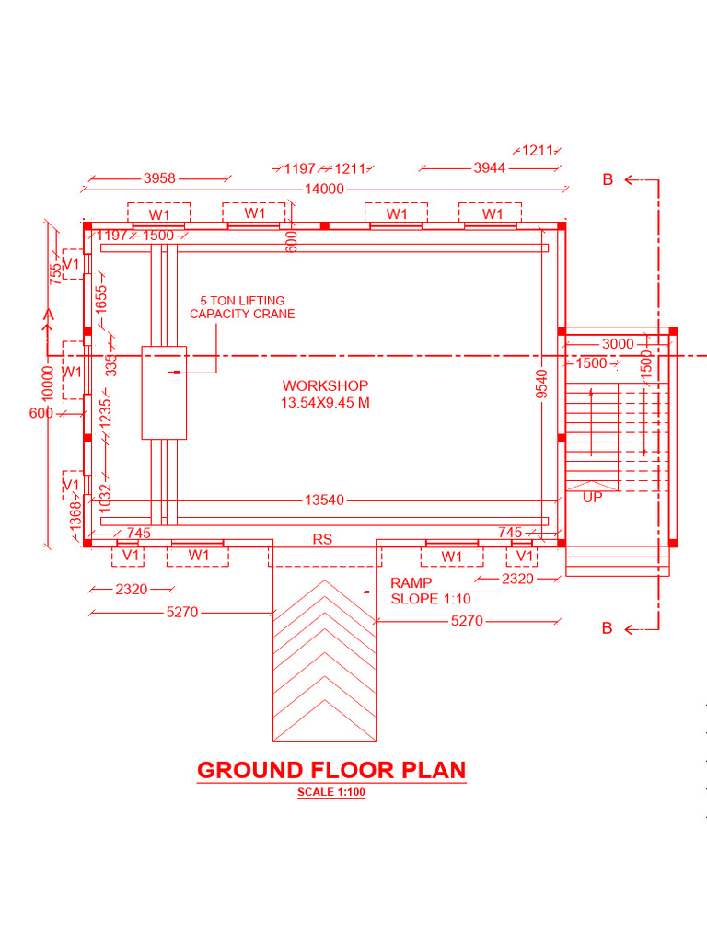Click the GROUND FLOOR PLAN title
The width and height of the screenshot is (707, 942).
[x=331, y=770]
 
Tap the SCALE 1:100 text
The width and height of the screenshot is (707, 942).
[x=331, y=793]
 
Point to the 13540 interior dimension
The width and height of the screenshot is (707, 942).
[x=324, y=500]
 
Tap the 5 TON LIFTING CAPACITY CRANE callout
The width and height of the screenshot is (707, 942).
[x=242, y=307]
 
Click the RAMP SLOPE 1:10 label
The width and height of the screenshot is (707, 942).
[x=430, y=591]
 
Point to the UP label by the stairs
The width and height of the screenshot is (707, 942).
[x=592, y=497]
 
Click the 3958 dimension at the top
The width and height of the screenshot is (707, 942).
[x=159, y=178]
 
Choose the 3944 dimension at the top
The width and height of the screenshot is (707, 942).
[x=489, y=167]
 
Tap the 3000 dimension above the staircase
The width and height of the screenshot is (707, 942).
[x=618, y=344]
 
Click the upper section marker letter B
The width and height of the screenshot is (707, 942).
[x=608, y=180]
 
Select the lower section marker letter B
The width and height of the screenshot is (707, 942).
[x=608, y=629]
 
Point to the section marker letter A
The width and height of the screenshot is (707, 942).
[x=49, y=316]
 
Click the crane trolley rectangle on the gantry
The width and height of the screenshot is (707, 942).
[x=164, y=392]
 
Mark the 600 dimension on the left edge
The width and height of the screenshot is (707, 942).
[x=41, y=413]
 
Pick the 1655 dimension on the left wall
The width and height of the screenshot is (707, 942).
[x=101, y=298]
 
